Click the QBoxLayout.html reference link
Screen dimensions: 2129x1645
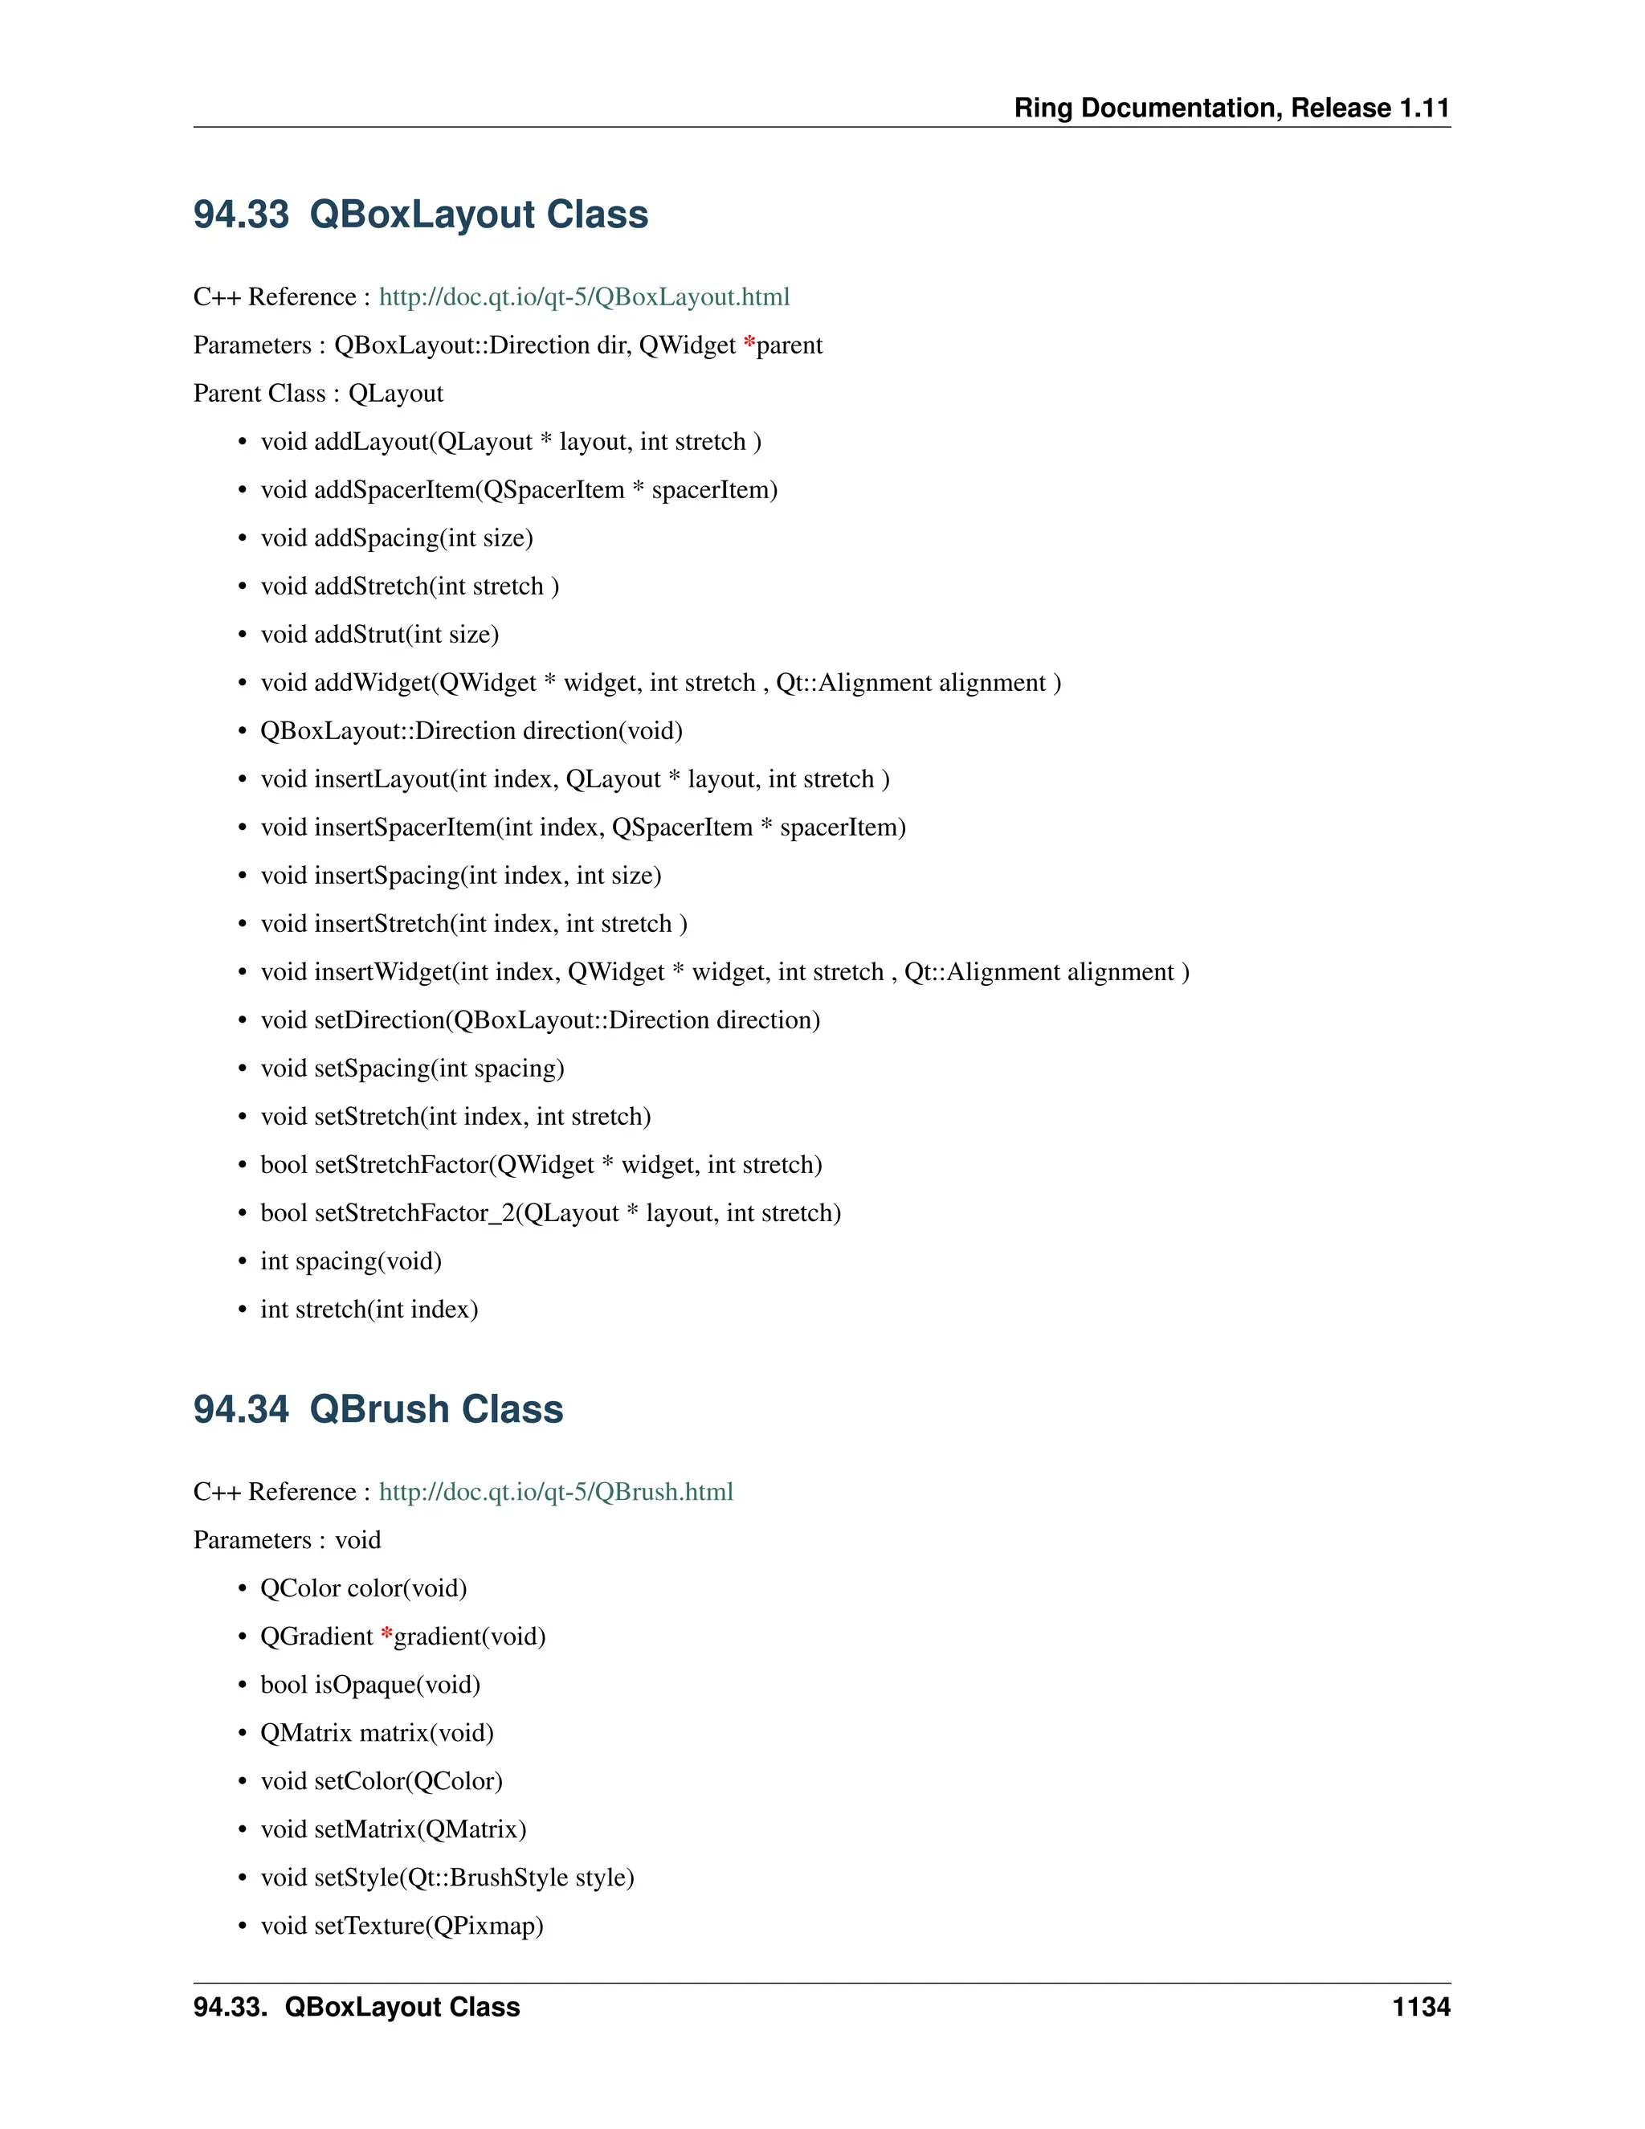(x=584, y=297)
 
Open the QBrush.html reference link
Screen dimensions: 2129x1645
(x=556, y=1493)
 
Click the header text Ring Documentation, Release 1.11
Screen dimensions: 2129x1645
(x=1232, y=108)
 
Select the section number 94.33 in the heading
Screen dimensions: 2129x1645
(x=241, y=215)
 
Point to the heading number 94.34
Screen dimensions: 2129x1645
(x=241, y=1410)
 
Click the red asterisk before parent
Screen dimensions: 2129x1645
(x=749, y=343)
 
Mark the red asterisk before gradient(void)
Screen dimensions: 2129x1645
(x=387, y=1635)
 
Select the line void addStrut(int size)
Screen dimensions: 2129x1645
(x=379, y=635)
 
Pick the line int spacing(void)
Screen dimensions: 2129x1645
(x=351, y=1261)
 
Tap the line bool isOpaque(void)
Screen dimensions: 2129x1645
(x=370, y=1686)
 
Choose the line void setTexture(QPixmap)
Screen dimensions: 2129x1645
(x=402, y=1927)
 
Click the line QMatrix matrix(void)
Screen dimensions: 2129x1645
(x=378, y=1733)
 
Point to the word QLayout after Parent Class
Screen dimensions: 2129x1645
(x=396, y=394)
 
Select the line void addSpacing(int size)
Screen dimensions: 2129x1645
(x=397, y=538)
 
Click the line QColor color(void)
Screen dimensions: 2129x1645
(x=364, y=1589)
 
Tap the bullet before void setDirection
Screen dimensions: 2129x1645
(x=243, y=1020)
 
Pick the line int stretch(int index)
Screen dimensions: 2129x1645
(x=369, y=1310)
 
